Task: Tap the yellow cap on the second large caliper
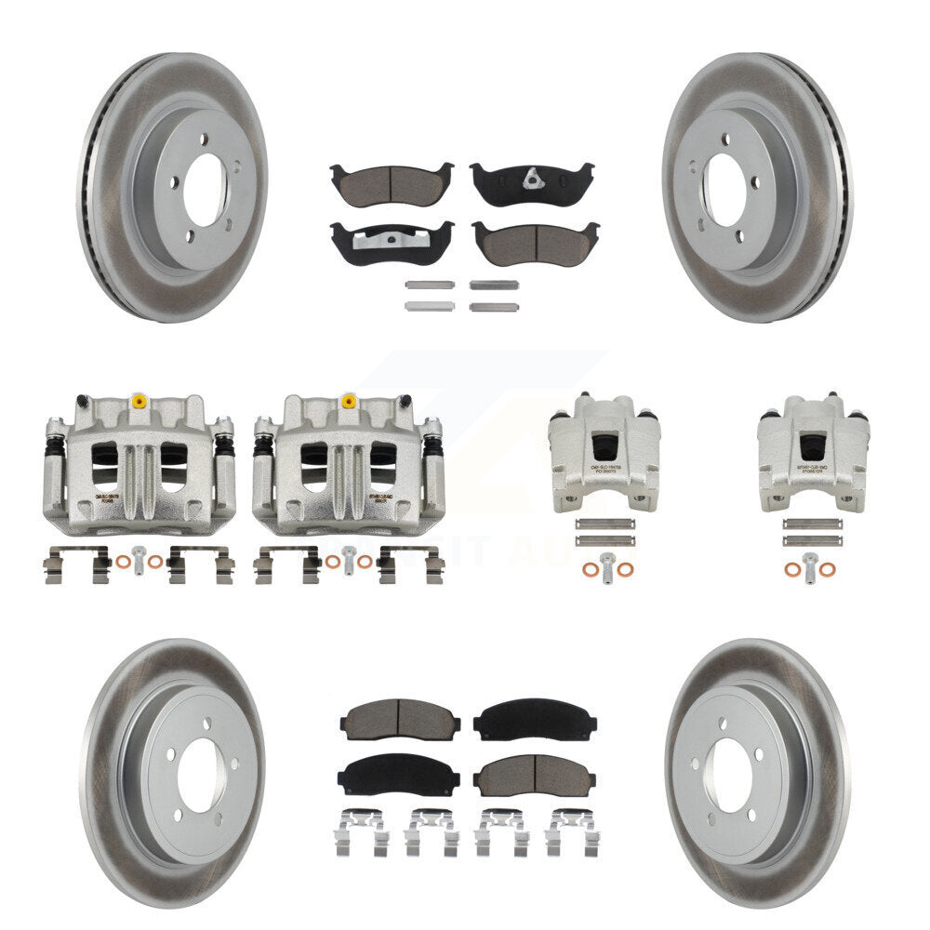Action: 349,401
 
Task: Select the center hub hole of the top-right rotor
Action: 724,188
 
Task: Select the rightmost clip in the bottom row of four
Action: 570,831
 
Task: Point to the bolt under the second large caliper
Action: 349,560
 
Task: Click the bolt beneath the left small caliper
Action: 606,564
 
